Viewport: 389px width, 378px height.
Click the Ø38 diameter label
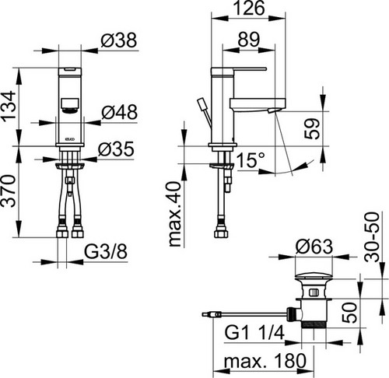click(x=118, y=40)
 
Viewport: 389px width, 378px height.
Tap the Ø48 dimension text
click(x=119, y=112)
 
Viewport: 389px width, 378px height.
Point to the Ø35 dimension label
click(x=116, y=149)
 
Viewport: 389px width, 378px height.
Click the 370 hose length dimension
click(x=9, y=191)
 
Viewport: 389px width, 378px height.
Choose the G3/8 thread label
click(x=106, y=251)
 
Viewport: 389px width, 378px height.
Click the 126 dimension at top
click(x=248, y=8)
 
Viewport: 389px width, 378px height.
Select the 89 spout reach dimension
click(x=249, y=40)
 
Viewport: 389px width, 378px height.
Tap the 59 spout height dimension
click(x=312, y=129)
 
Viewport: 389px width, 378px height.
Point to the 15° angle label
click(x=251, y=160)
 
